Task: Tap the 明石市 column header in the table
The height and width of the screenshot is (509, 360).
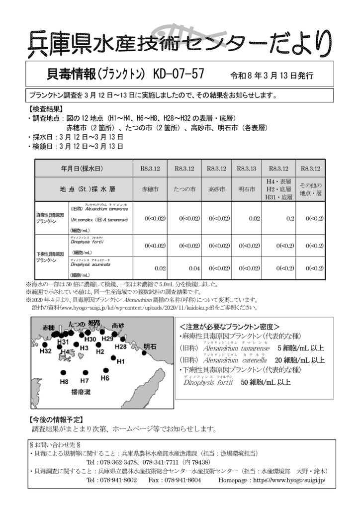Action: point(246,189)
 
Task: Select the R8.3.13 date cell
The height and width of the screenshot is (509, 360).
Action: point(246,169)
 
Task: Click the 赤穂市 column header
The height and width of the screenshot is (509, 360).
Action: point(150,189)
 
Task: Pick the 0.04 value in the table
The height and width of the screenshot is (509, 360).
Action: point(194,268)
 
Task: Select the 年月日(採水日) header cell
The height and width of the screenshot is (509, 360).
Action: point(82,169)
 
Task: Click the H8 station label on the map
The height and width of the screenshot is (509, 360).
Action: point(64,382)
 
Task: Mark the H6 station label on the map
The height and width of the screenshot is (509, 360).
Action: point(105,378)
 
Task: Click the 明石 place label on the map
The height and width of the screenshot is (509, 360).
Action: point(150,346)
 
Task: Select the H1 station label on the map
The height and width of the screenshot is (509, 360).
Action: point(120,361)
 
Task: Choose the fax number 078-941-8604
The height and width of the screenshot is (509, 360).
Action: point(181,481)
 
